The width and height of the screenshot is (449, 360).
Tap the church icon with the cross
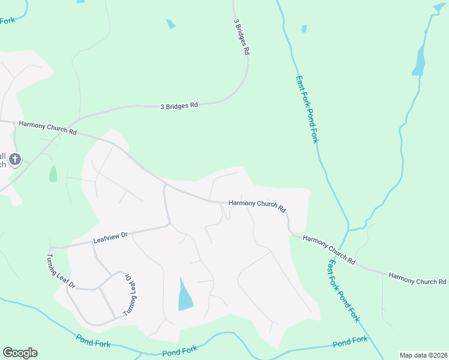point(16,159)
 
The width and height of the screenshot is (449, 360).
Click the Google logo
point(20,353)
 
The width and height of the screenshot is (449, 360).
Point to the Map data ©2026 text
point(423,355)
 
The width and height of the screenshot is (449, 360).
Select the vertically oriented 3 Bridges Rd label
point(241,37)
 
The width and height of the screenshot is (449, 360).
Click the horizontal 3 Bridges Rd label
point(179,106)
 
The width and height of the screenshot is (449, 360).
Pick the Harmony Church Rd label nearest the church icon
point(48,128)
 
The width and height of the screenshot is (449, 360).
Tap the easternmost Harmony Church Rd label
point(417,279)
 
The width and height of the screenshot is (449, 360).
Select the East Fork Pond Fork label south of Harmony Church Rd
point(343,290)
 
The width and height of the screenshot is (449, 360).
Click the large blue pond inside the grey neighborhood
point(185,295)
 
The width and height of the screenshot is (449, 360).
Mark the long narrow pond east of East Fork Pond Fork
point(419,60)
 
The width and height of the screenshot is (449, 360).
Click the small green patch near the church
point(53,174)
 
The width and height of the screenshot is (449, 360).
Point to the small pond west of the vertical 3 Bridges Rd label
point(171,24)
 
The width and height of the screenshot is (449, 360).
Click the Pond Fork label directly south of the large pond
point(179,349)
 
